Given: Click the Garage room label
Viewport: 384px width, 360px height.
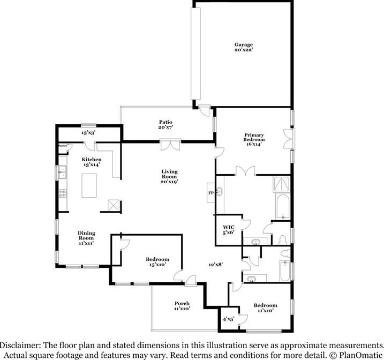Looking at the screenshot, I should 243,44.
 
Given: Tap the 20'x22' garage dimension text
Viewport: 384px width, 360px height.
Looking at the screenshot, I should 243,50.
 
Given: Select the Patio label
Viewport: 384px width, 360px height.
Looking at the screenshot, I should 164,122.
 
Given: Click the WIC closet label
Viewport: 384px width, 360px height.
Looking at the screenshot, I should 228,228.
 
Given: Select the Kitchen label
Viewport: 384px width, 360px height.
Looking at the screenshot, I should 92,160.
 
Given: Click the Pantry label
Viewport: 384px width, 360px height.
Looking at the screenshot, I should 62,145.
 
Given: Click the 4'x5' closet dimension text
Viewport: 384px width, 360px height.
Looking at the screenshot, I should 228,319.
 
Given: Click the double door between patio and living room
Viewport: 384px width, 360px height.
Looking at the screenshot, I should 169,145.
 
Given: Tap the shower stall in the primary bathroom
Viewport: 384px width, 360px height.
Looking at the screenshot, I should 282,185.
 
